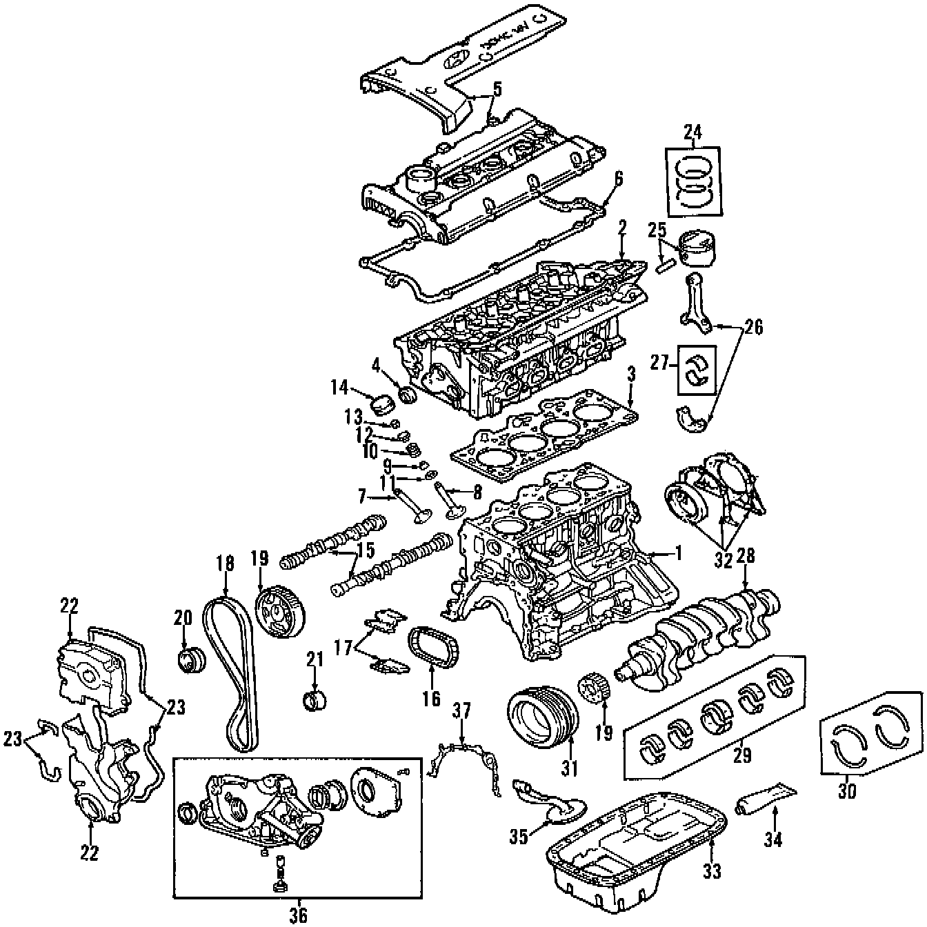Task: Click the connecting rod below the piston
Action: pyautogui.click(x=697, y=303)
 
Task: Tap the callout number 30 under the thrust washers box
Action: pyautogui.click(x=847, y=792)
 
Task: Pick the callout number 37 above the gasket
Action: pyautogui.click(x=461, y=710)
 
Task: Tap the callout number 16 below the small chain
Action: pyautogui.click(x=431, y=699)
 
